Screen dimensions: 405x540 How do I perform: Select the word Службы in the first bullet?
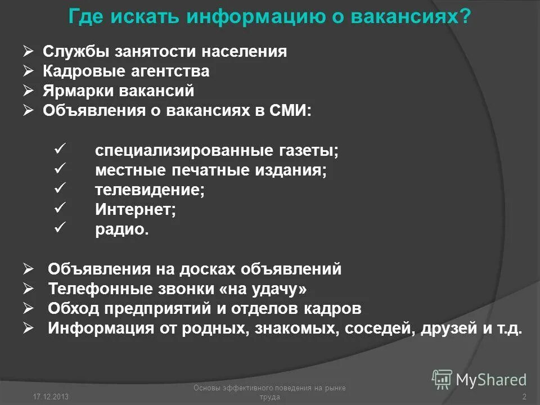pos(75,52)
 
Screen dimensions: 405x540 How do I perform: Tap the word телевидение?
pos(150,190)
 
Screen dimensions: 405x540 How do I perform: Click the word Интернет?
pos(136,210)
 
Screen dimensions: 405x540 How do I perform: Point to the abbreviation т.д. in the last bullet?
pos(508,328)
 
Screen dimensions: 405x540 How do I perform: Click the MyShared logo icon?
pos(442,380)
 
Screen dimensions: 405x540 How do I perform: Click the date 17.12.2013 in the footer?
pos(51,397)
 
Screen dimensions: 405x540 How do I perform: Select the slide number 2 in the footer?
pos(524,397)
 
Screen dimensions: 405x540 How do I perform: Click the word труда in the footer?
pos(269,397)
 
